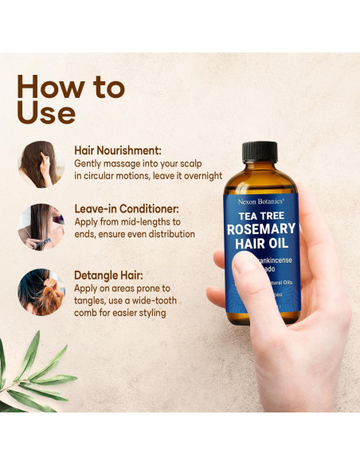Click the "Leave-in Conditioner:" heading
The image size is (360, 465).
pos(123,209)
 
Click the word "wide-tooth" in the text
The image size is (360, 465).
pos(152,300)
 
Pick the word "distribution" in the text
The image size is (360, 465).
pos(168,234)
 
